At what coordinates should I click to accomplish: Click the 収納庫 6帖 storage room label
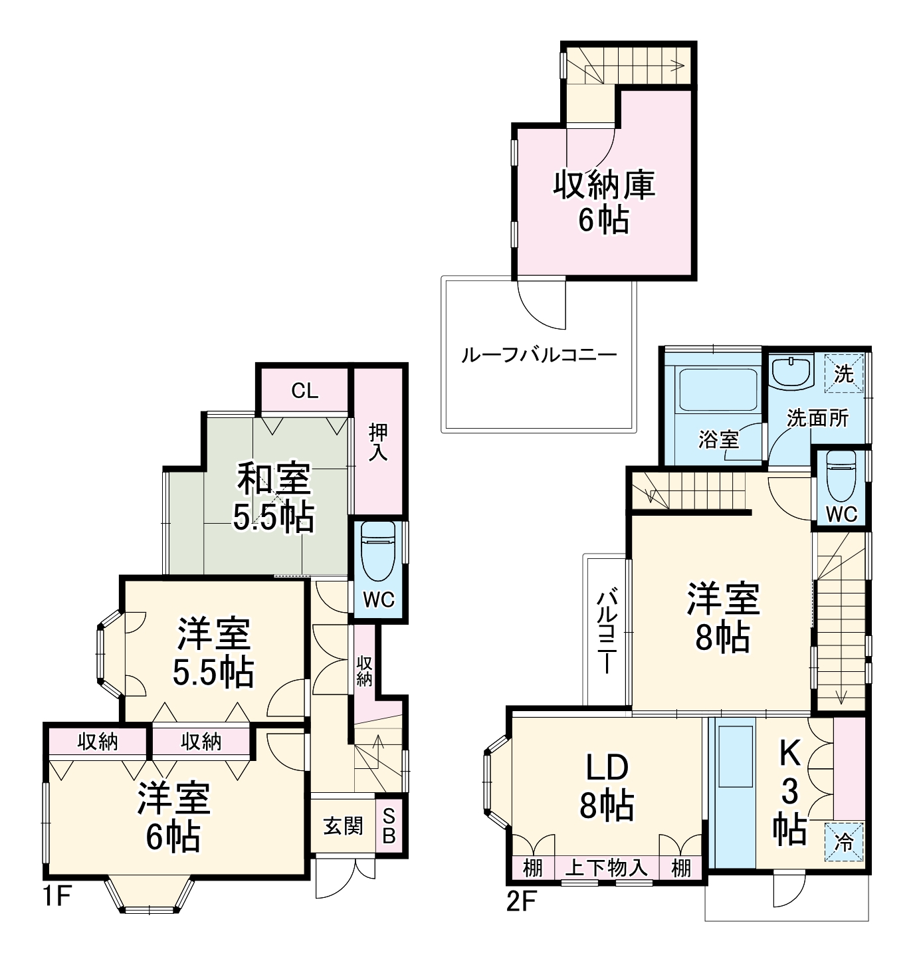[604, 201]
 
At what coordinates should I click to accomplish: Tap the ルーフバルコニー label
[539, 355]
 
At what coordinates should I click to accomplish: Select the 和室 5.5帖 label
[273, 498]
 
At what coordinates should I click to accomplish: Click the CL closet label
[304, 391]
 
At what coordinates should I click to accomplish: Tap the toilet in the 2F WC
[841, 477]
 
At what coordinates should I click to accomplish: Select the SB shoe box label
[389, 827]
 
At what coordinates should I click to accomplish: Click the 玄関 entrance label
[344, 826]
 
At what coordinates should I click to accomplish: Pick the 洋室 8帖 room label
[722, 617]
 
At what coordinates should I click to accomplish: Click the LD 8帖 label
[606, 787]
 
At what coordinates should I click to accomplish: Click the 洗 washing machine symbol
[844, 374]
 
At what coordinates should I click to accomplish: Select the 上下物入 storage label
[605, 867]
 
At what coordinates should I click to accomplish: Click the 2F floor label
[521, 902]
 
